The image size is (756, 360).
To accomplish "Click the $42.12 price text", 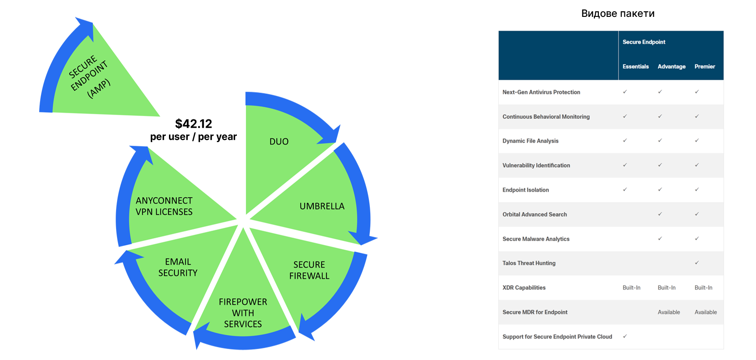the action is (x=194, y=124).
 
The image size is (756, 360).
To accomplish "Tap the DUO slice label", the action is (x=279, y=142).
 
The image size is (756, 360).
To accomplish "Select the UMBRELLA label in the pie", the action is (x=322, y=206).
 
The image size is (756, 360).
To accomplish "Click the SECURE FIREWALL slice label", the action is (x=309, y=270).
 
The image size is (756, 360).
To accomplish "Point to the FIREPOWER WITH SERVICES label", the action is (x=243, y=313).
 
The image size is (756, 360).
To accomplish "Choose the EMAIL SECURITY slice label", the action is (x=178, y=267).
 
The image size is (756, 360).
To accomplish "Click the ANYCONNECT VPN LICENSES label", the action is (x=164, y=206).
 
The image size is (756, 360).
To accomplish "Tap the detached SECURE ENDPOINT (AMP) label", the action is (x=89, y=77).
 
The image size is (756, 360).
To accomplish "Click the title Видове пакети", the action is (x=618, y=14).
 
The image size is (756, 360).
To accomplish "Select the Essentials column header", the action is (x=635, y=67).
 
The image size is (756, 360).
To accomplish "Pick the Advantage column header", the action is (x=671, y=67).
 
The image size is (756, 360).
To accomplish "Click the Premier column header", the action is (x=705, y=67).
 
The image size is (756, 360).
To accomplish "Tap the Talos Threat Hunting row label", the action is (x=529, y=263).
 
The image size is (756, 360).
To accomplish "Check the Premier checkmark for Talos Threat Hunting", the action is (x=697, y=263).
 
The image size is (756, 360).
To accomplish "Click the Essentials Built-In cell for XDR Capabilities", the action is (x=632, y=288).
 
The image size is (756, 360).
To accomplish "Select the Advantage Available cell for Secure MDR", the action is (x=669, y=312).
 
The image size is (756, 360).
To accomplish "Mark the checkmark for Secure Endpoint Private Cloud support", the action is (x=625, y=336).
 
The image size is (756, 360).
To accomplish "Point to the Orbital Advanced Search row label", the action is (x=535, y=215).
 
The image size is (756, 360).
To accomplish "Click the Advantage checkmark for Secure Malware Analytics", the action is (x=660, y=238).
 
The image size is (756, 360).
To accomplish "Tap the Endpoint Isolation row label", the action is (x=526, y=190).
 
